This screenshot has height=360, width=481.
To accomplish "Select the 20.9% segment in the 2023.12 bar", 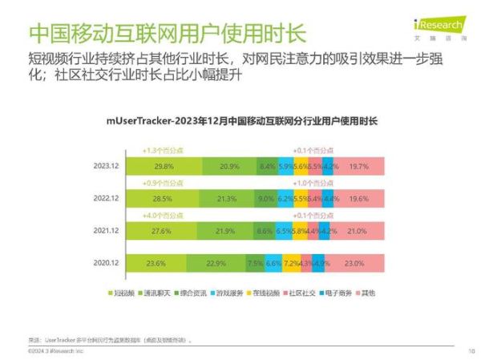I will coord(228,166).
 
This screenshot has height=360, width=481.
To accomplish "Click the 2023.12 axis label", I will coord(107,166).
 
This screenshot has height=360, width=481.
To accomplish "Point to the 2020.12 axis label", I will coord(107,262).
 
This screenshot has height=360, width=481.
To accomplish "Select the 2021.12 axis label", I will coord(107,230).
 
